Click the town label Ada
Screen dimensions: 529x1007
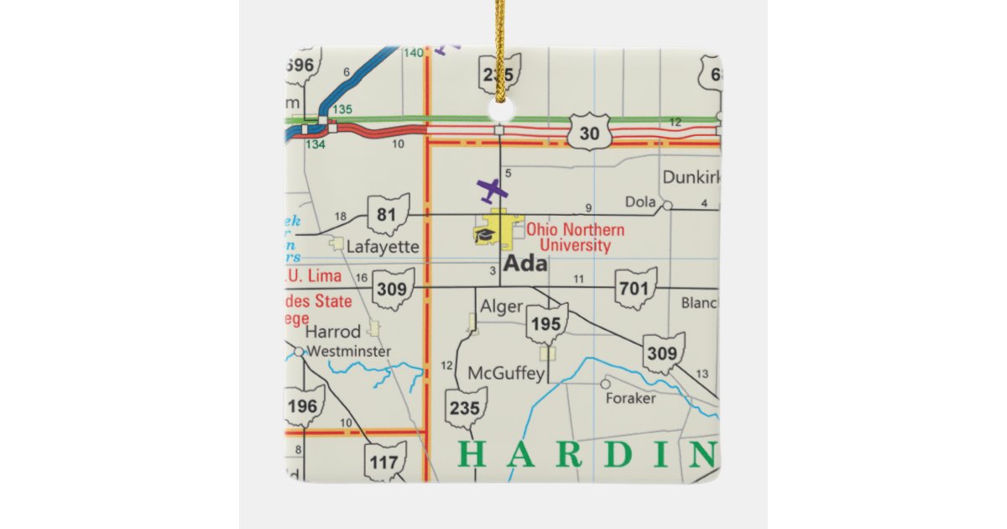[x=525, y=264]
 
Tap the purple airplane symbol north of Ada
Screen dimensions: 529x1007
[x=488, y=190]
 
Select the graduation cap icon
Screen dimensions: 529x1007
[x=483, y=234]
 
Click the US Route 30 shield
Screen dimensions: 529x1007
[x=589, y=132]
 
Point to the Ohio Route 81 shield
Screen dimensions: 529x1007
[x=388, y=215]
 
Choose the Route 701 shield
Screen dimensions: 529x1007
[x=634, y=289]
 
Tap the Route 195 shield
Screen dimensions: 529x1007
[x=546, y=324]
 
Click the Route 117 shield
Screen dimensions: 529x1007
[x=385, y=461]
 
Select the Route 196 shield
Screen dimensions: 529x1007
[x=303, y=406]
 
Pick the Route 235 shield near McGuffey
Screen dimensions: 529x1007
[x=465, y=409]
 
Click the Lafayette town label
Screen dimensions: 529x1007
[x=383, y=247]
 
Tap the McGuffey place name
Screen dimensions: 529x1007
[x=506, y=374]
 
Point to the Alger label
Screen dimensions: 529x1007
[x=501, y=307]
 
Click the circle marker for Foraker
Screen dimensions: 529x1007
[x=605, y=384]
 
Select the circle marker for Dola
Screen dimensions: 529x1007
[x=667, y=204]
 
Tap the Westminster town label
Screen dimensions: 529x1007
[x=348, y=352]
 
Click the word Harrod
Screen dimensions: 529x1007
[x=333, y=332]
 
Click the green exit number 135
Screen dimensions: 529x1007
[x=342, y=110]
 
